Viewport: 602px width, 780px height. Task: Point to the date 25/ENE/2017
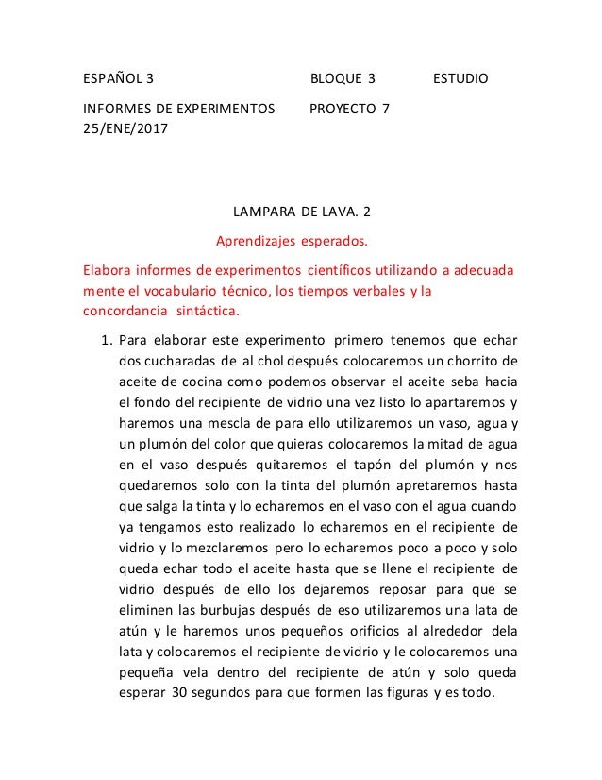pos(123,128)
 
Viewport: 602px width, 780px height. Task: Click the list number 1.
pos(106,340)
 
